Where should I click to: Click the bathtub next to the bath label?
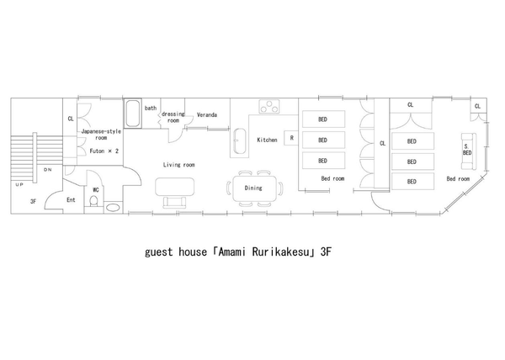133,114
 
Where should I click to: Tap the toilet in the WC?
93,201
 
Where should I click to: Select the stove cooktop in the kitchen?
269,107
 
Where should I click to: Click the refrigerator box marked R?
291,138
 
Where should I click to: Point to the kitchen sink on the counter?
239,141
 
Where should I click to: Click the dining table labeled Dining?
255,188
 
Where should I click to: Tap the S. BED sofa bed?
468,151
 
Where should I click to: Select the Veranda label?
207,115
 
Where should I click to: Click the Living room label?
178,165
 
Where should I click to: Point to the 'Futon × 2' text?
104,151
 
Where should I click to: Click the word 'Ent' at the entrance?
71,200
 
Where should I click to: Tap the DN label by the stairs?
48,170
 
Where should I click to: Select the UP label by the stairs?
19,185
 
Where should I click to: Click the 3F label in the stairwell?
33,202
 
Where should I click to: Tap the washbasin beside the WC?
113,208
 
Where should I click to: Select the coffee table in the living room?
175,187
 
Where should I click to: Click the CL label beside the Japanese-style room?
71,119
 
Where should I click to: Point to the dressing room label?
173,117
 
